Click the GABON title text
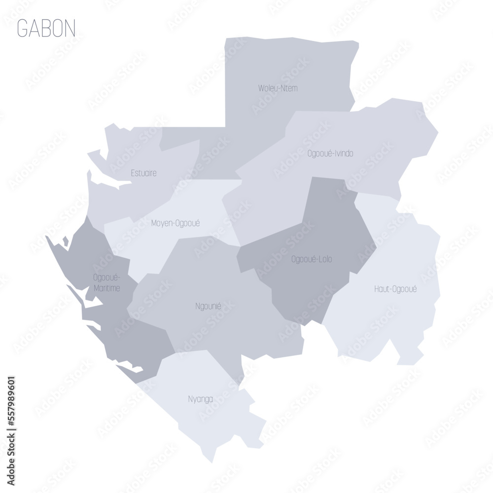pyautogui.click(x=46, y=29)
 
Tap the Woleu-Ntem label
pyautogui.click(x=278, y=89)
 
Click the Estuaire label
pyautogui.click(x=144, y=173)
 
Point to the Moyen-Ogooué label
pyautogui.click(x=175, y=223)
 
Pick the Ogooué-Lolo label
pyautogui.click(x=312, y=259)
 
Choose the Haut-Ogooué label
pyautogui.click(x=395, y=289)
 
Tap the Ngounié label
pyautogui.click(x=208, y=306)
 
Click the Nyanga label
pyautogui.click(x=200, y=399)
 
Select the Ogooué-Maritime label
pyautogui.click(x=106, y=282)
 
